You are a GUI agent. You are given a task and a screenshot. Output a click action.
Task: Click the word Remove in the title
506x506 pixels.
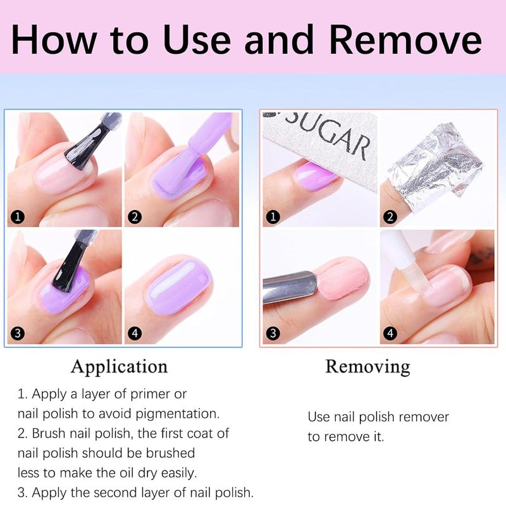click(x=405, y=39)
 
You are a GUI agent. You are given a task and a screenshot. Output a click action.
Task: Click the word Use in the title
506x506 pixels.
click(x=197, y=39)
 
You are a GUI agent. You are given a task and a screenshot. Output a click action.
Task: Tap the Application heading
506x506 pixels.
click(x=120, y=367)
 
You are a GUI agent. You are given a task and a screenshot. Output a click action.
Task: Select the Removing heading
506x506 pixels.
click(x=367, y=367)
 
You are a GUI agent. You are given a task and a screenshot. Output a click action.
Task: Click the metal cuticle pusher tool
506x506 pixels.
click(x=290, y=287)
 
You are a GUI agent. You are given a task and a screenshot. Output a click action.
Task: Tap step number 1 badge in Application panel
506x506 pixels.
click(x=18, y=216)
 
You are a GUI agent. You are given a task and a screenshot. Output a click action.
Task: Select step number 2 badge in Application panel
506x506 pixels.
click(x=135, y=216)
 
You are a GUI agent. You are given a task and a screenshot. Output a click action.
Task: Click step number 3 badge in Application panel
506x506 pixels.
click(x=18, y=333)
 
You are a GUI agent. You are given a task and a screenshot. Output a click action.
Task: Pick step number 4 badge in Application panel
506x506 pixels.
click(x=135, y=333)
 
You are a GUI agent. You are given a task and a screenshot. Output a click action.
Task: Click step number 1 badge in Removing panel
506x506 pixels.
click(x=273, y=216)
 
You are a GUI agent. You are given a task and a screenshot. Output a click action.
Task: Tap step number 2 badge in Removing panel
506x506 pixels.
click(x=390, y=216)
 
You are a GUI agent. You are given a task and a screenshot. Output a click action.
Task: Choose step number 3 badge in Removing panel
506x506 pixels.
click(x=273, y=333)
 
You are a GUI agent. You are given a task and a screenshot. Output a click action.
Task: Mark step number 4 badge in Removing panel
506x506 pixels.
click(x=390, y=333)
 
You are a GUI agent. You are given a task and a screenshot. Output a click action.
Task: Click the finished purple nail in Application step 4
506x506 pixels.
click(x=178, y=286)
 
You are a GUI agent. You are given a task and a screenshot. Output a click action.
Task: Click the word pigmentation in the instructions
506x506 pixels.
click(x=177, y=414)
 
